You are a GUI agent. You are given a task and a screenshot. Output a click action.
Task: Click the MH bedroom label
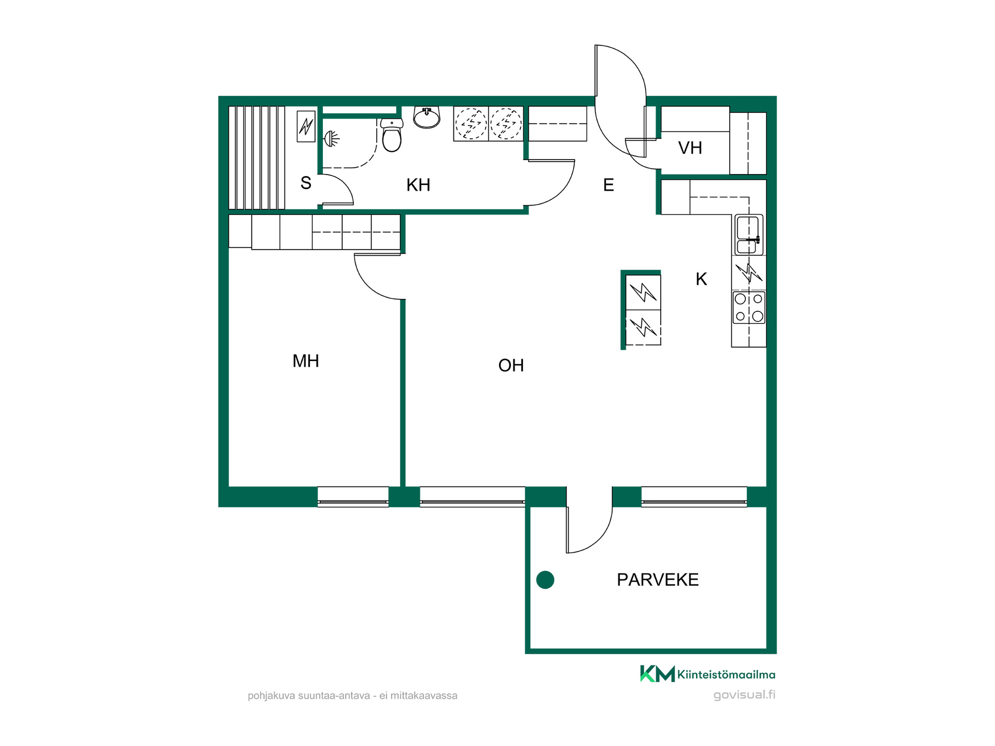point(306,361)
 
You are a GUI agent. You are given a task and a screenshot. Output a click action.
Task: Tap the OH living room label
point(511,365)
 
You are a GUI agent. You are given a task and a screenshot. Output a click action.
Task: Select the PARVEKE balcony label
point(658,579)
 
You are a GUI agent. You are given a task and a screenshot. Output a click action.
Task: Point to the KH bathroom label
point(418,185)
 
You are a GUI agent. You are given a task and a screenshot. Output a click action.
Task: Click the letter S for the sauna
point(306,183)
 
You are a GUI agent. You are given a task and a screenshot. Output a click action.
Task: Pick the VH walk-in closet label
point(690,148)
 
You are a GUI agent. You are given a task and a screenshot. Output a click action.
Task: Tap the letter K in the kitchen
point(701,279)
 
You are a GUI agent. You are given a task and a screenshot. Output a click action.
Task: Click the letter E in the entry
point(608,185)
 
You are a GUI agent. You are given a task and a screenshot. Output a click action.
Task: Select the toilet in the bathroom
point(392,135)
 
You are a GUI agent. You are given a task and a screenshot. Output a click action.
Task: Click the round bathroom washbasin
point(427,117)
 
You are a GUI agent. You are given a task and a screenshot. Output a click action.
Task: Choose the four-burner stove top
point(749,307)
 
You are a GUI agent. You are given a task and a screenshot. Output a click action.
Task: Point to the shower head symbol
point(331,139)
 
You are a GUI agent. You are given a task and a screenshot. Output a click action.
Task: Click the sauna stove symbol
point(306,126)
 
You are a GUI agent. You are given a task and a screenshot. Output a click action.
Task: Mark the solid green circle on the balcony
point(545,580)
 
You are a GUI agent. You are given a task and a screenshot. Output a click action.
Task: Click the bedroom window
point(353,496)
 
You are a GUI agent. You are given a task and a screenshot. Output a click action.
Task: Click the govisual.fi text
point(744,695)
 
